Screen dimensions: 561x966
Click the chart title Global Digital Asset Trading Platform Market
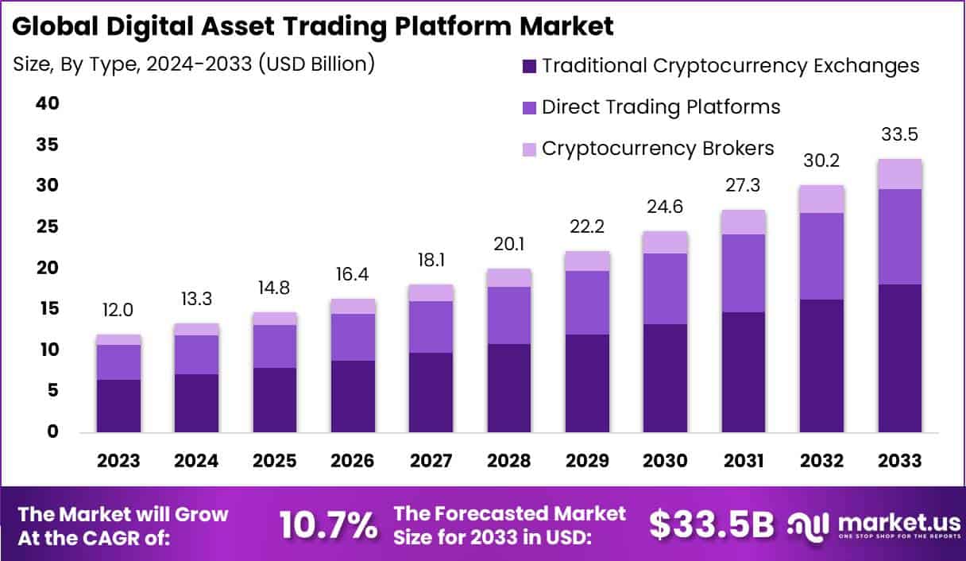coord(313,25)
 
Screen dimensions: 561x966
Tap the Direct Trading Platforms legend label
coord(661,106)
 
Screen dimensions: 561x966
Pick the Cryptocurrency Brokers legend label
coord(658,148)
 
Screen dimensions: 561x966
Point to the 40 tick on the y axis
coord(47,103)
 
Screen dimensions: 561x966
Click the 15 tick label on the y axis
coord(47,308)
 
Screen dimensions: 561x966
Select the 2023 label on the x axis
coord(118,462)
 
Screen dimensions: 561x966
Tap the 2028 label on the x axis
coord(509,462)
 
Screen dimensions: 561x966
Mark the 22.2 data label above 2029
coord(587,226)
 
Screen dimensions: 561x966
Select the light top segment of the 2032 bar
coord(821,199)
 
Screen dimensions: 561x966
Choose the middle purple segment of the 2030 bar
coord(665,288)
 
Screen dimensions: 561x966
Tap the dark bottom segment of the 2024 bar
coord(196,403)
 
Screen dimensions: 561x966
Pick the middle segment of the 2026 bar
coord(353,337)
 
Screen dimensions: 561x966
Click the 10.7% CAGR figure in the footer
coord(328,524)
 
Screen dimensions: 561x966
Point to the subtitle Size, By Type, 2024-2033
coord(194,64)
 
